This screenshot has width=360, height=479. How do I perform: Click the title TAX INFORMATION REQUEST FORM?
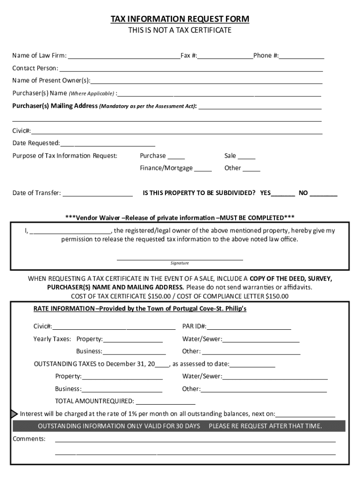click(180, 19)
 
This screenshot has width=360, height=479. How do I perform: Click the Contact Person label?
click(36, 68)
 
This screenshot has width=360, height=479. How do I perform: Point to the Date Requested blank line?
click(108, 144)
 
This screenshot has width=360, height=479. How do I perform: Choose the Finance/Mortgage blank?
click(203, 169)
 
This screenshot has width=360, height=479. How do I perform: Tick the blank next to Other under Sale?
click(252, 169)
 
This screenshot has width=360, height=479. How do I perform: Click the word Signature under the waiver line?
click(180, 263)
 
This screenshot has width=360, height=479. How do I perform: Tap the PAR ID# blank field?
click(249, 327)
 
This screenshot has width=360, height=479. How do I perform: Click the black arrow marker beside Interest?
click(14, 414)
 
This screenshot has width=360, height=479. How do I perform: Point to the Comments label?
click(29, 439)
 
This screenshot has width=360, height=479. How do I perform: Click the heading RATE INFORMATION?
click(63, 309)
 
